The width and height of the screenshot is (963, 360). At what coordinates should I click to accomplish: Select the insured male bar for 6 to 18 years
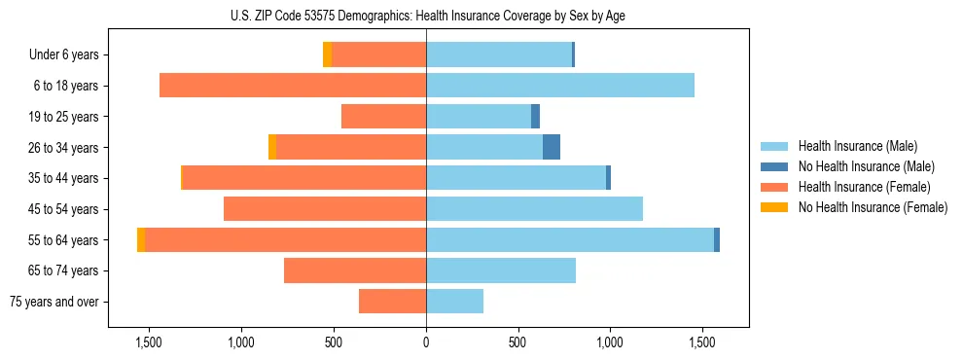coord(560,86)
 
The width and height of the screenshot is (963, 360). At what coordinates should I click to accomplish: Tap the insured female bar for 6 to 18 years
coord(293,86)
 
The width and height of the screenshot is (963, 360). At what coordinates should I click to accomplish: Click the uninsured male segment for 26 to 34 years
coord(552,147)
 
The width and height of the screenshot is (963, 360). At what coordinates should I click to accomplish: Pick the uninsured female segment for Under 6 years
coord(327,54)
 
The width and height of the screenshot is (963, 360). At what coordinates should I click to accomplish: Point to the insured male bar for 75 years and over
coord(454,302)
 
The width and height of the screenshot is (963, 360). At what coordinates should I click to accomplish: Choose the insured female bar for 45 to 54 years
coord(325,209)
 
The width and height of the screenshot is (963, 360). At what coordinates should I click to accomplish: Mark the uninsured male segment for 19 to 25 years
coord(535,117)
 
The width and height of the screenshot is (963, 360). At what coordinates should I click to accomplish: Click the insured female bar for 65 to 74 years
coord(355,270)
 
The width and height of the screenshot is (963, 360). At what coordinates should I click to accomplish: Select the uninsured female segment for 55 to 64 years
coord(141,239)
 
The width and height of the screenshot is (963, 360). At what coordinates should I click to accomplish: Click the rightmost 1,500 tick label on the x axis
coord(702,342)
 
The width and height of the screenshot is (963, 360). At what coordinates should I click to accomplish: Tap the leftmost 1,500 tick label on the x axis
coord(149,342)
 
